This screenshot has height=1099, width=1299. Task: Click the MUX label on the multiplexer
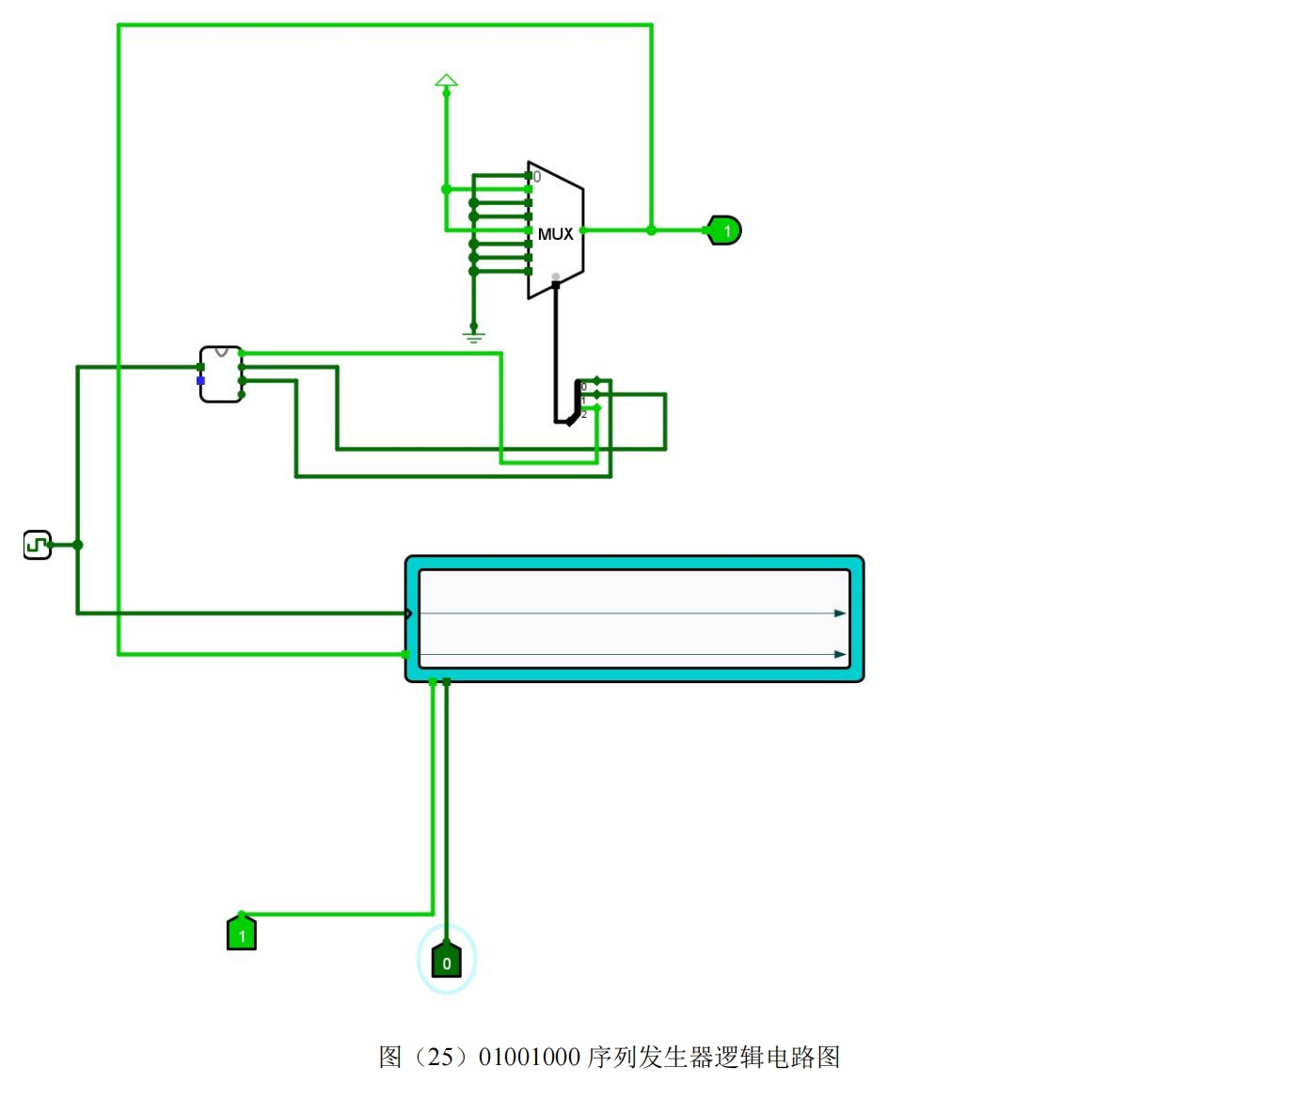pos(555,233)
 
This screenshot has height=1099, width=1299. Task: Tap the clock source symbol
pos(37,545)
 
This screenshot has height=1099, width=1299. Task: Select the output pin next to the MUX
pos(724,231)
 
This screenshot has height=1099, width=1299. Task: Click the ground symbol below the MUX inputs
pos(473,334)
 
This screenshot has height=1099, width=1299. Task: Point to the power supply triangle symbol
pos(447,82)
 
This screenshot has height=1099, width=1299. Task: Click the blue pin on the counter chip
pos(200,380)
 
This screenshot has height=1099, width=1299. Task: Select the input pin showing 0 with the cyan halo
pos(447,961)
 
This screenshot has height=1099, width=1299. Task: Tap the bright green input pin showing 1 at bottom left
pos(242,933)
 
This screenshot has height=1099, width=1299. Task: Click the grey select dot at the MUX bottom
pos(556,277)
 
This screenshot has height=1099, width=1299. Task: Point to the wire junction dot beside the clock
pos(77,545)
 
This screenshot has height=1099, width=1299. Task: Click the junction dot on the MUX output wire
pos(651,231)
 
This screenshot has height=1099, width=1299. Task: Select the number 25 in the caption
pos(440,1058)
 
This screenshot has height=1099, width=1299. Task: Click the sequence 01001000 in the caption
pos(529,1058)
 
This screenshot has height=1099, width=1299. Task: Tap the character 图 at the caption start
pos(390,1058)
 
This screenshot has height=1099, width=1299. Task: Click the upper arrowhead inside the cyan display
pos(840,613)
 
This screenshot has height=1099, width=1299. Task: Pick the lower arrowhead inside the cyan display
pos(840,655)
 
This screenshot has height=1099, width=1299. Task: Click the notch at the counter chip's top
pos(222,352)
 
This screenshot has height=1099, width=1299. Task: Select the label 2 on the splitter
pos(584,414)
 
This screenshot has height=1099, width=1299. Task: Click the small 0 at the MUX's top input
pos(537,177)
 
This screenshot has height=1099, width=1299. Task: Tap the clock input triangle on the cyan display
pos(409,613)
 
